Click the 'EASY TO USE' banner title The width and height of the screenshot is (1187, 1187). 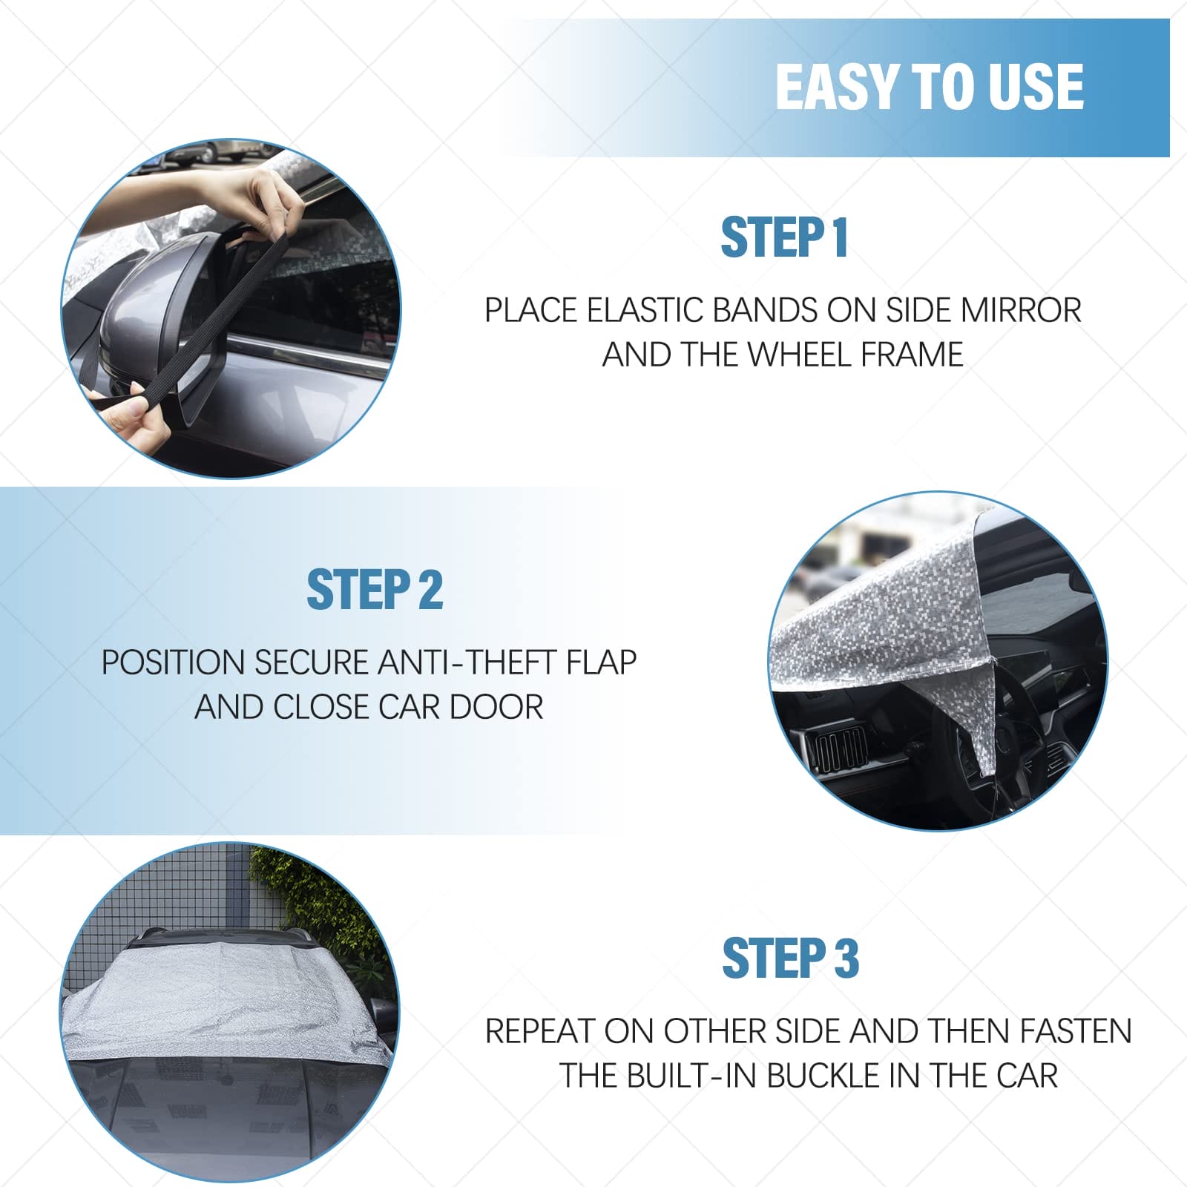click(x=930, y=87)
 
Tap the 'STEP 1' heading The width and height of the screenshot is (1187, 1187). click(x=784, y=238)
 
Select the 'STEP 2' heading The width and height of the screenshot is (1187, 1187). click(x=375, y=591)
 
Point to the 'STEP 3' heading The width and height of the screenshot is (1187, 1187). click(x=790, y=958)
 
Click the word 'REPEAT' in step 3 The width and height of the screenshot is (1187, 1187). click(x=540, y=1031)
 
